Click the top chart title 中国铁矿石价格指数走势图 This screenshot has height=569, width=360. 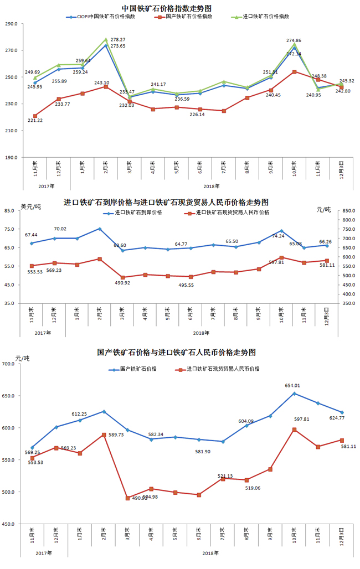[x=167, y=7]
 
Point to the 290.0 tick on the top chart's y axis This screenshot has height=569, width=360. [x=12, y=24]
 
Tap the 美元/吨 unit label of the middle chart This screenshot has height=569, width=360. [x=30, y=206]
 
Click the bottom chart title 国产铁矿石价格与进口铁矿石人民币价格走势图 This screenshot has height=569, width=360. [x=177, y=352]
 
